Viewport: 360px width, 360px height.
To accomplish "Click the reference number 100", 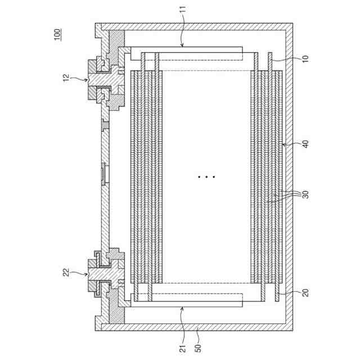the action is pos(57,34).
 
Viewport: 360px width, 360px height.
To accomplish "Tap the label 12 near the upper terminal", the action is pos(66,78).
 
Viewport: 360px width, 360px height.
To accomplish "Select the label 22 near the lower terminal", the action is pos(66,272).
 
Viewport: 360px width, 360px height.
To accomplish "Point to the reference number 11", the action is pos(183,10).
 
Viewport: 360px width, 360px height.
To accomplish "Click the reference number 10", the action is pos(305,58).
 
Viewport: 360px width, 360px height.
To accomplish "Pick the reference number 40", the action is pos(305,144).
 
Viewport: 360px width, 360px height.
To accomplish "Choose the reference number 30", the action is pos(305,195).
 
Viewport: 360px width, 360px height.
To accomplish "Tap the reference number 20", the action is pos(305,292).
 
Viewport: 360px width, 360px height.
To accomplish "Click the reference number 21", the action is pos(182,349).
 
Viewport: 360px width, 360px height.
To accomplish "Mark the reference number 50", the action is pos(198,348).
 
